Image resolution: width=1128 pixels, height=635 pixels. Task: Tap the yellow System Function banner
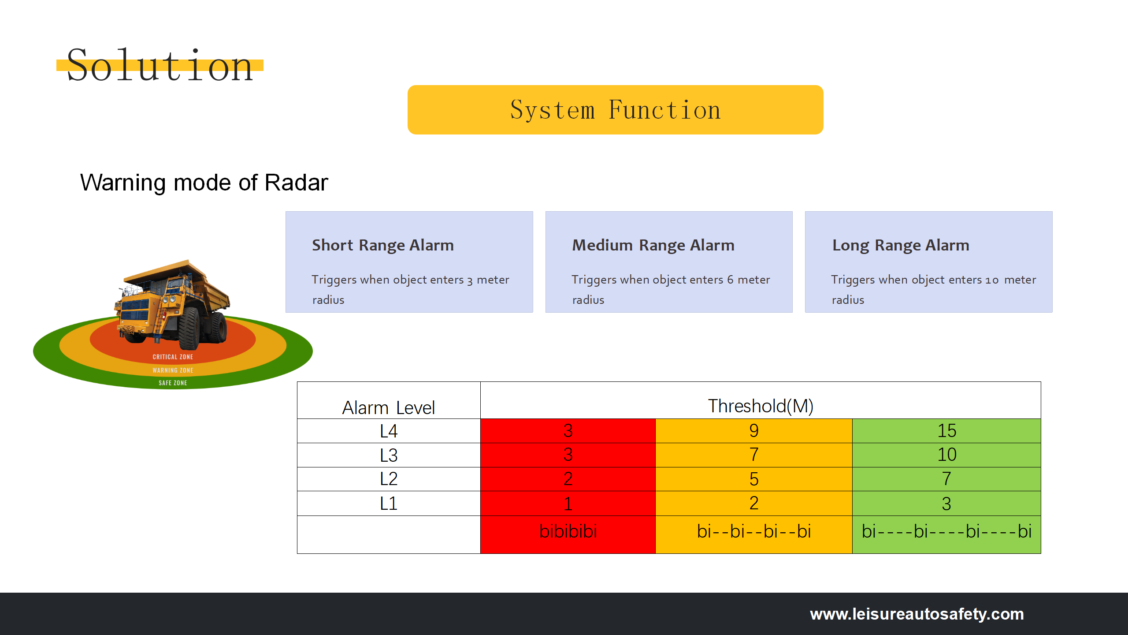tap(615, 110)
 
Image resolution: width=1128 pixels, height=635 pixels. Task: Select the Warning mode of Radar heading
tap(204, 183)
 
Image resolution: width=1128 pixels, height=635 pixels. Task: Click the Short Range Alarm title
tap(382, 245)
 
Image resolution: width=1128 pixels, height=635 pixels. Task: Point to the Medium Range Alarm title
tap(653, 245)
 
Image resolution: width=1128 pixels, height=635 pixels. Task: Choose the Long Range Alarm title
tap(901, 245)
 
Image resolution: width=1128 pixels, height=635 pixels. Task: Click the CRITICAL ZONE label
tap(173, 357)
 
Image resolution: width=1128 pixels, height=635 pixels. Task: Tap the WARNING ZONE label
tap(173, 370)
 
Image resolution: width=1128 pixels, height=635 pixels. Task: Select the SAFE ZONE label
tap(173, 383)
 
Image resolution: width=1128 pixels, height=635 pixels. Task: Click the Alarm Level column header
tap(388, 407)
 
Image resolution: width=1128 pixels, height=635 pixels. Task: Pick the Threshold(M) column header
tap(761, 406)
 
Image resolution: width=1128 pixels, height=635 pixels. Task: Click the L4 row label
tap(388, 431)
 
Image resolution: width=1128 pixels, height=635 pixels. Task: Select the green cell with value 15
tap(946, 431)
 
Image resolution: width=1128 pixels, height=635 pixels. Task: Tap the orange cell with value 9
tap(753, 431)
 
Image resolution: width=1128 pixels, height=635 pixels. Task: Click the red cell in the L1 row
tap(568, 504)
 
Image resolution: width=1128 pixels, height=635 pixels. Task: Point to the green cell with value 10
tap(946, 455)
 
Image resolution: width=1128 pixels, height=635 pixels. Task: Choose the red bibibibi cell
tap(568, 531)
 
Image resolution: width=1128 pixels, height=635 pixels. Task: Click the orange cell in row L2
tap(753, 479)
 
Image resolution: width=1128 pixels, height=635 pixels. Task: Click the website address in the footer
tap(916, 614)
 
